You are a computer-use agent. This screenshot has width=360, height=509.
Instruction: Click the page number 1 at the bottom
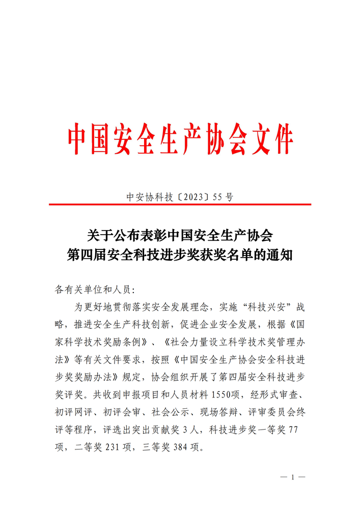pos(293,477)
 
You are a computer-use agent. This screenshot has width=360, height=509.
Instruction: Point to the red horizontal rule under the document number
pos(180,205)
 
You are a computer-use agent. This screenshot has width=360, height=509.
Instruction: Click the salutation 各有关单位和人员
pos(92,290)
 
